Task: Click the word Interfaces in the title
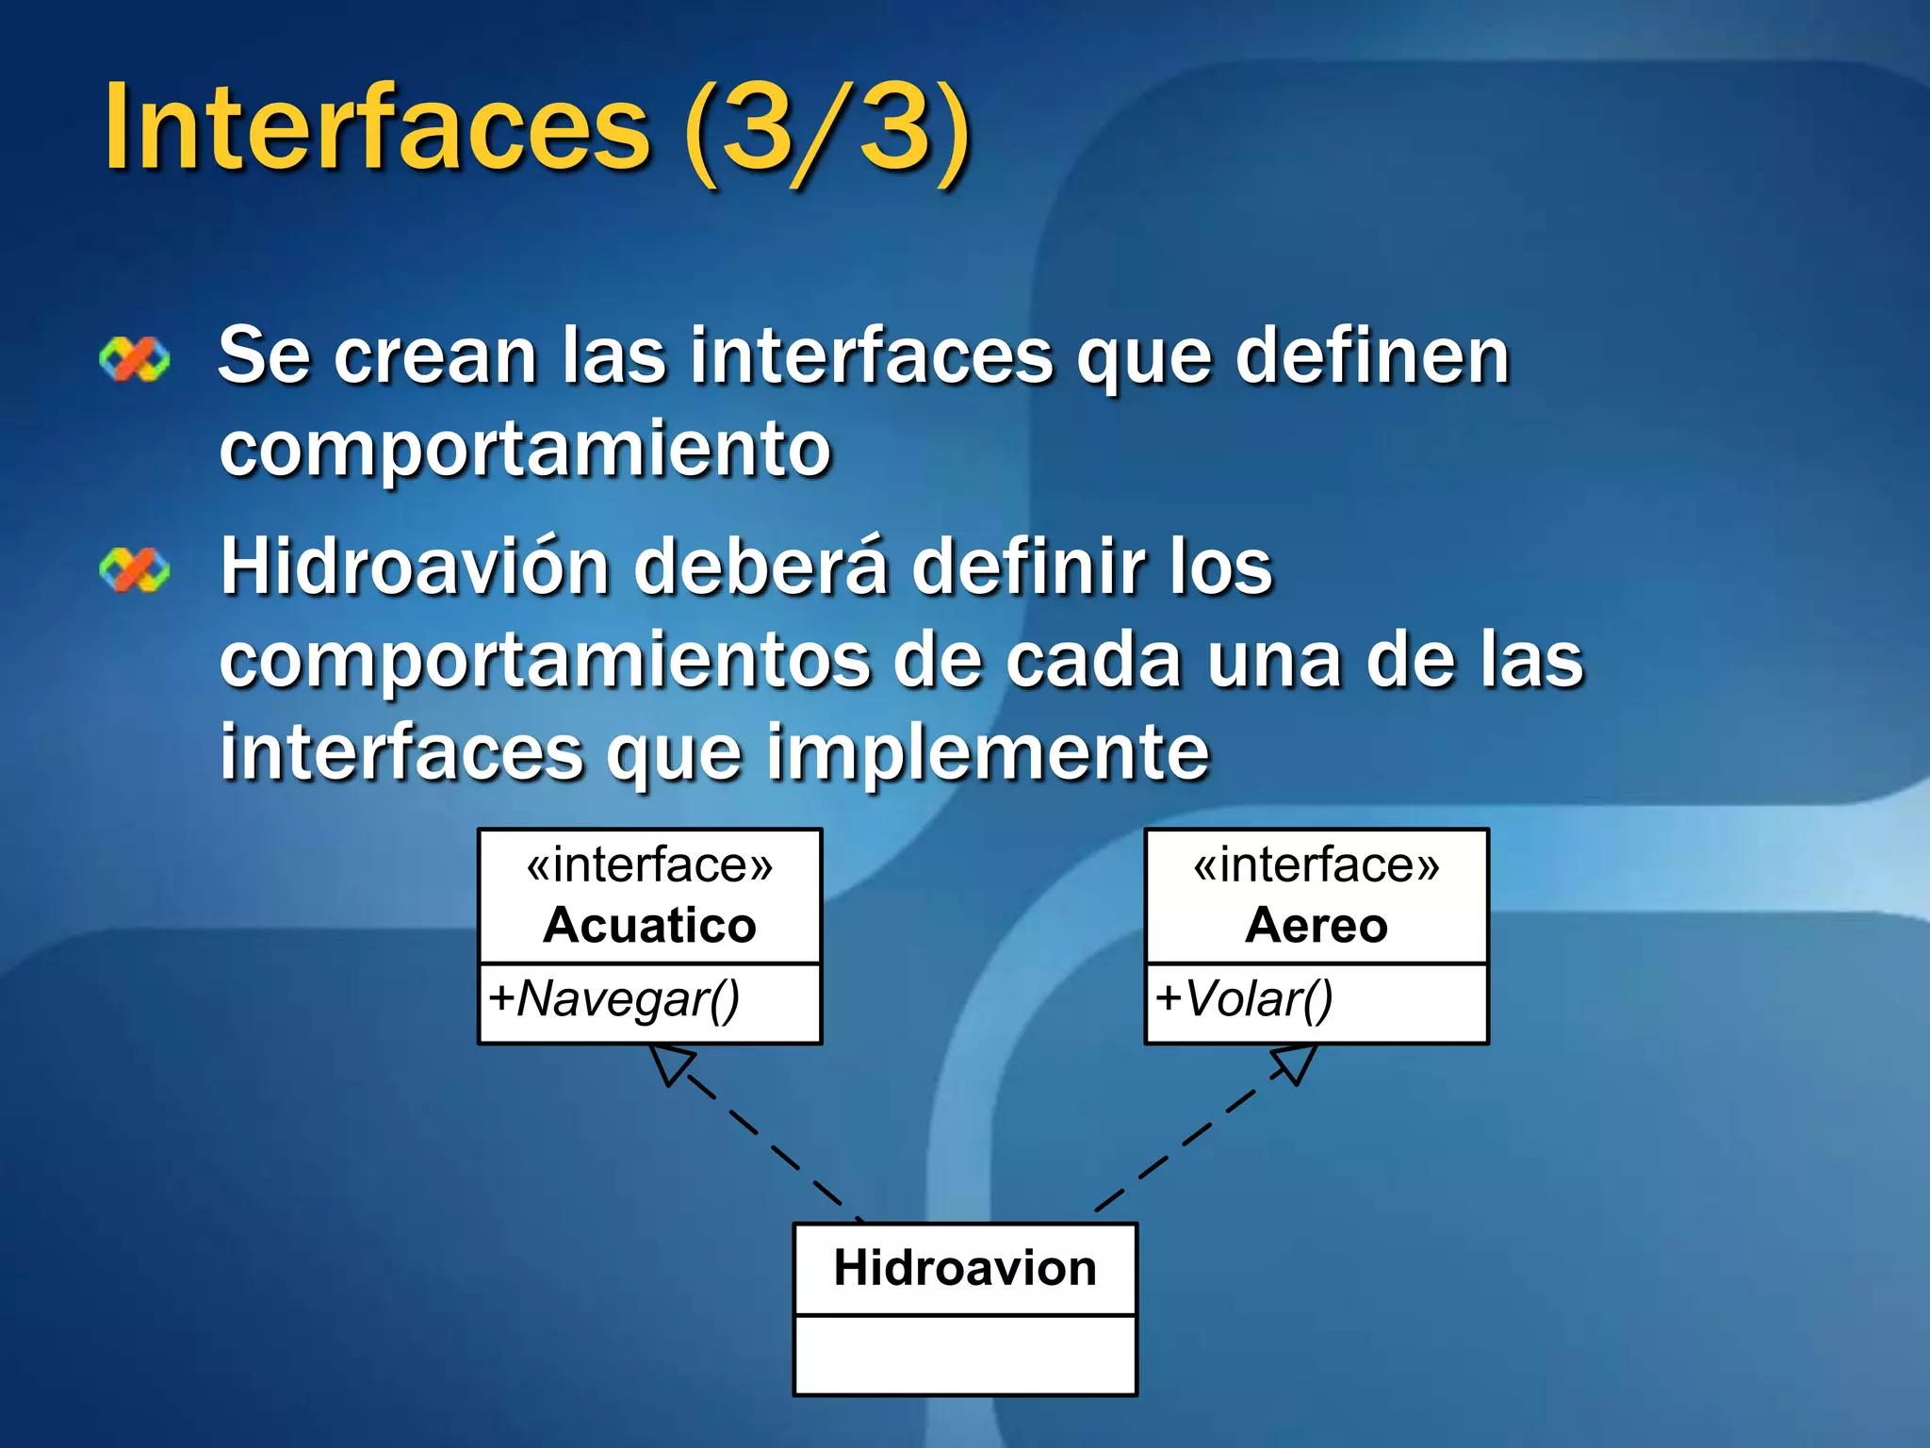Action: click(377, 127)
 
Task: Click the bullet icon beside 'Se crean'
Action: click(135, 359)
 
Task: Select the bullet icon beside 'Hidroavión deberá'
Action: click(135, 570)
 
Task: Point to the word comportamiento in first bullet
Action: click(525, 449)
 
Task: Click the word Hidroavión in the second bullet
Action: click(415, 568)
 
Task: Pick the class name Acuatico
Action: click(649, 925)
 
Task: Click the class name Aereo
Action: click(1317, 925)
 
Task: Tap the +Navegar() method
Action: click(614, 999)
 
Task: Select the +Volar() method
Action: click(1244, 999)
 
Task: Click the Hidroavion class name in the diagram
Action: click(965, 1268)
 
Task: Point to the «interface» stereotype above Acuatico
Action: click(649, 865)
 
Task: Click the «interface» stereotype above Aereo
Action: click(1317, 865)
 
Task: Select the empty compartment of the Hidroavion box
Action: click(965, 1354)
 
